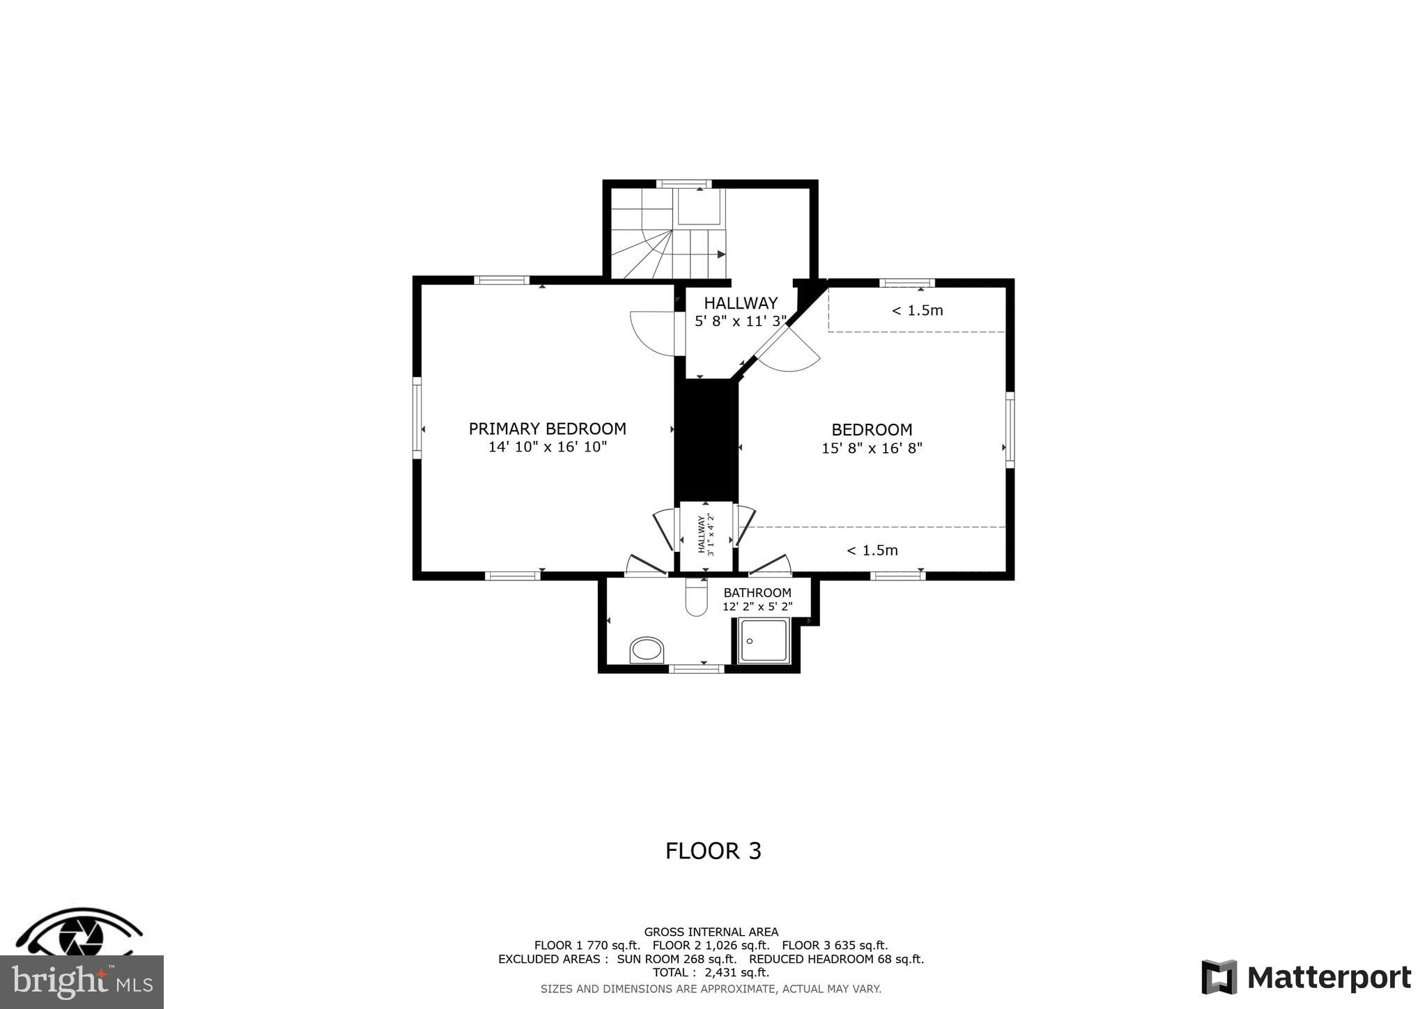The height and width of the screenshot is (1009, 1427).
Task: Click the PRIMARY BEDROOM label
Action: point(547,429)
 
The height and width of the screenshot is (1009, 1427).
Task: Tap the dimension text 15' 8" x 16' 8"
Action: point(872,448)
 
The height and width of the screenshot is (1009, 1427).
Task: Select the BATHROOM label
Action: point(757,593)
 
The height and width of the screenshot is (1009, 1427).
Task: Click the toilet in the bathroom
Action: point(696,599)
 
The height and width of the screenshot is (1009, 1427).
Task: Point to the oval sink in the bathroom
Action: point(647,650)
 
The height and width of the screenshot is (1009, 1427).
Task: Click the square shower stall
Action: point(764,640)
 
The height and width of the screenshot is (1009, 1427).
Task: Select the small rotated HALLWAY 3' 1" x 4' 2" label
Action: point(706,534)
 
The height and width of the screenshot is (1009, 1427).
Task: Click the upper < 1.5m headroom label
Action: point(917,311)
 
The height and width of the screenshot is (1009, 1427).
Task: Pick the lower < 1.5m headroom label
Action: point(872,550)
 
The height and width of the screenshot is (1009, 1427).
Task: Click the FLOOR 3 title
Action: point(713,851)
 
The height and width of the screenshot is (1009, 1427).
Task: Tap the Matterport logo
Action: point(1306,978)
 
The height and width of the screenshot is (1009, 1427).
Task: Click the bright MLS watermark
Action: point(82,982)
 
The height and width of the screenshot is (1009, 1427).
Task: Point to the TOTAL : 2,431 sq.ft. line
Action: point(711,972)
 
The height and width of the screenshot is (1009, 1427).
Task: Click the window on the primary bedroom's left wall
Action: point(417,418)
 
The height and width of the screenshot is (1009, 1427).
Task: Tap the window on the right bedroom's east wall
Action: point(1010,429)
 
